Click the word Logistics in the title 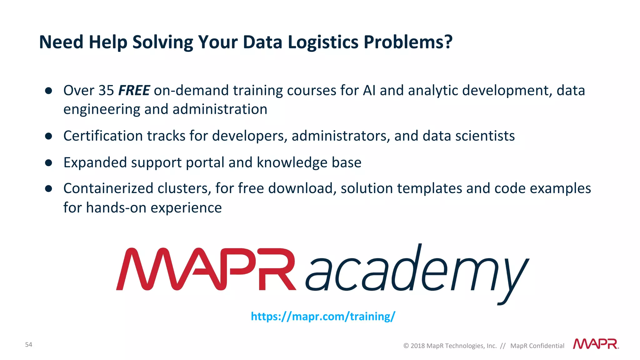(323, 42)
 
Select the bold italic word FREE (134, 90)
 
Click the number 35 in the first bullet (106, 90)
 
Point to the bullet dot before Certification (48, 136)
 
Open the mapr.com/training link (323, 316)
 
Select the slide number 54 (28, 344)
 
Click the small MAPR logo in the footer (596, 344)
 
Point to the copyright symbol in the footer (406, 346)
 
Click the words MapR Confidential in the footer (537, 346)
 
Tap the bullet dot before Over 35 (48, 91)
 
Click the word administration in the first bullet (220, 109)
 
